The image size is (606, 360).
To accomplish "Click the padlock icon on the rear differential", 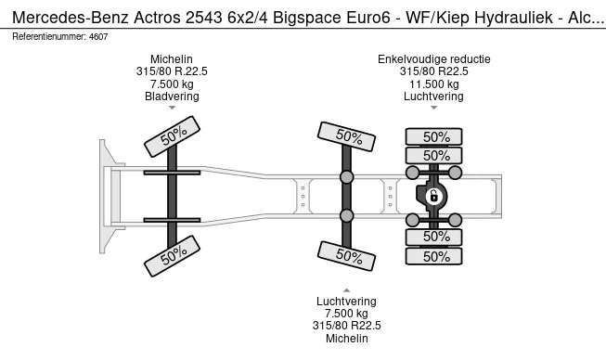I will (432, 196).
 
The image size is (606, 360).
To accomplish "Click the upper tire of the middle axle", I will (346, 137).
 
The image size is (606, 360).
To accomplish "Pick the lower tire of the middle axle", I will (346, 255).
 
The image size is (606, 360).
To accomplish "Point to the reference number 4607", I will (96, 36).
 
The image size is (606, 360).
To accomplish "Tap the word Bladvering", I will (172, 96).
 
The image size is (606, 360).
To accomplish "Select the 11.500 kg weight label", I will (433, 84).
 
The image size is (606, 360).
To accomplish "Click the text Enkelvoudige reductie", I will (433, 59).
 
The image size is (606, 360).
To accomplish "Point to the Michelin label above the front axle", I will (172, 59).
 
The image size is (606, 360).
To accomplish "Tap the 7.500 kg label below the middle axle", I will (346, 313).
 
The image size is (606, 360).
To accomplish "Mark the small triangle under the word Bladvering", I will (172, 109).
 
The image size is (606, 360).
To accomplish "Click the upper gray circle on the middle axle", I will (346, 176).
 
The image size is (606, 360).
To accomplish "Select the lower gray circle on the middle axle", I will (346, 216).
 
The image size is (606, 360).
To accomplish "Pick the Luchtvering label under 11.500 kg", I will (433, 96).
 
